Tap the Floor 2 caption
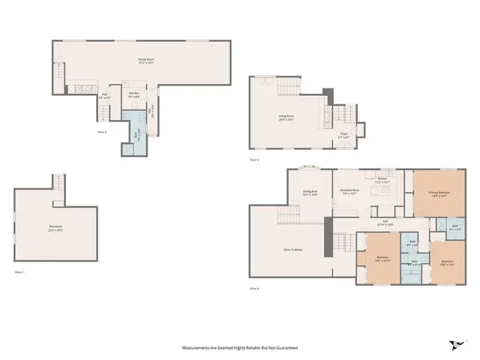pos(102,132)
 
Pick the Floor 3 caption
pos(255,160)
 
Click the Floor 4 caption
pos(255,288)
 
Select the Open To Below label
pos(293,249)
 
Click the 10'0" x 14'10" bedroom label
pos(382,259)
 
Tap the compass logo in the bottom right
pos(454,346)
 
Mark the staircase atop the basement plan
pos(58,181)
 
